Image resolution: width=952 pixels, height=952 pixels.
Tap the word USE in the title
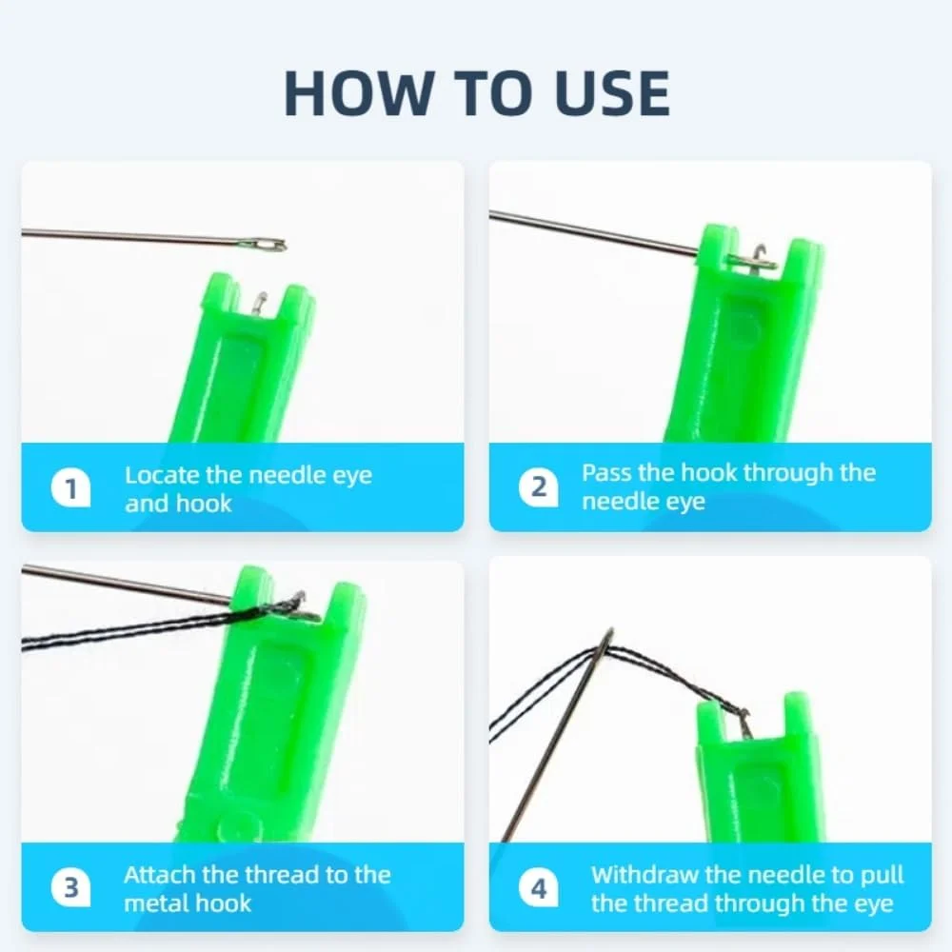point(612,93)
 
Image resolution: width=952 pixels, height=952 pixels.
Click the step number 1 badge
point(71,487)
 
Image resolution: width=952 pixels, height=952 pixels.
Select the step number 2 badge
point(539,486)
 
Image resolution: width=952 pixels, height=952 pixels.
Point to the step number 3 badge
point(71,887)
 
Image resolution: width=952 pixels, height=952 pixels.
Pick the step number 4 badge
point(539,888)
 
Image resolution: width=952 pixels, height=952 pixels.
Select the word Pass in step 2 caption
point(605,472)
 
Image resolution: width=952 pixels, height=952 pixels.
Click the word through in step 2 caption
point(788,473)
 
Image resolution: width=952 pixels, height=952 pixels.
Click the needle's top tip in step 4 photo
point(611,629)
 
